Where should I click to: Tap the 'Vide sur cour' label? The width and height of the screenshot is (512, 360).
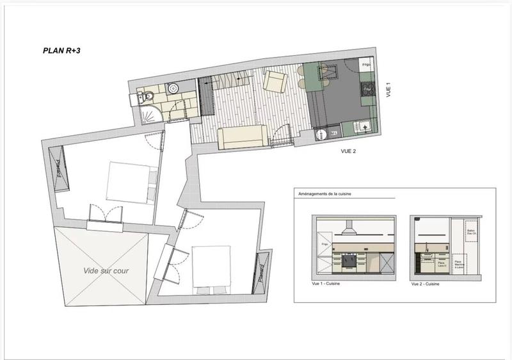pos(106,271)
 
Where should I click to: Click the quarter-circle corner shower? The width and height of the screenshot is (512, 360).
pos(148,115)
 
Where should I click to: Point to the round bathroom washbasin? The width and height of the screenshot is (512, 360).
pos(172,88)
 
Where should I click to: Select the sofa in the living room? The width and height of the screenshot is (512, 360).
pos(242,136)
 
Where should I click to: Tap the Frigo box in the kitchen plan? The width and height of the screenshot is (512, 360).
pos(367,66)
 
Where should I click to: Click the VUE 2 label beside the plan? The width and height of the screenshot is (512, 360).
pos(348,152)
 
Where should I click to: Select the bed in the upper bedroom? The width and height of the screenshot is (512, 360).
pos(131,182)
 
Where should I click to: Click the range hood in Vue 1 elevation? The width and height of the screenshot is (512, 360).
pos(349,227)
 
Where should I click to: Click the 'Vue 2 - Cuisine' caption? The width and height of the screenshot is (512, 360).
pos(424,283)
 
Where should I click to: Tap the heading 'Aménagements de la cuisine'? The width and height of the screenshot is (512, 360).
pos(325,193)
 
